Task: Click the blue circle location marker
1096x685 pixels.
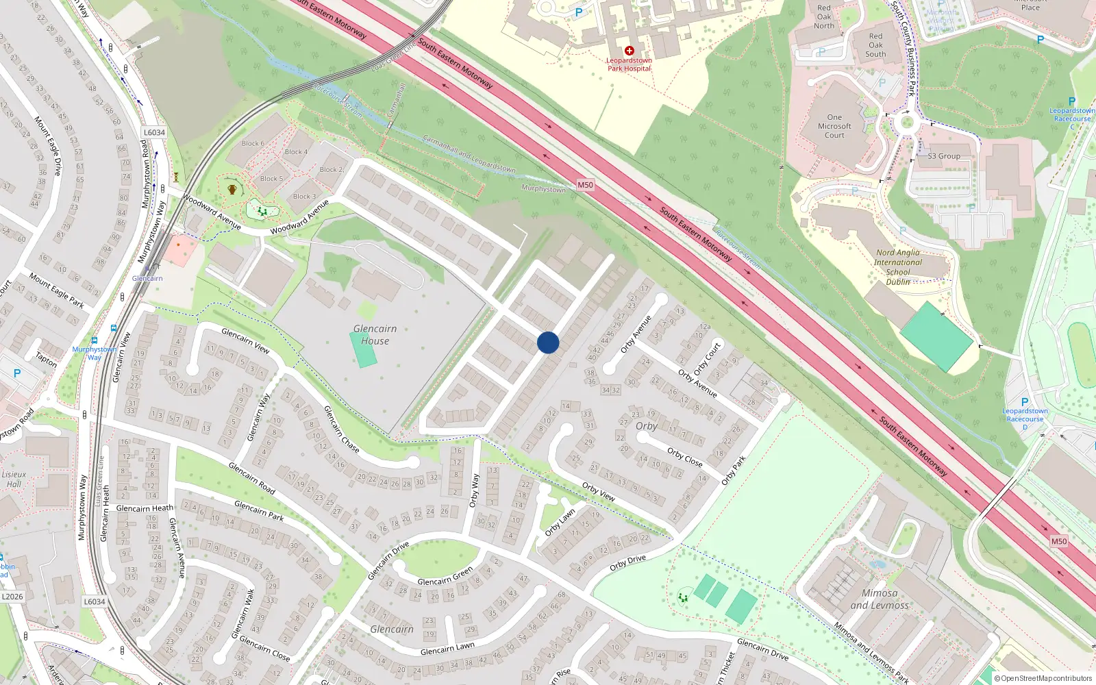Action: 548,342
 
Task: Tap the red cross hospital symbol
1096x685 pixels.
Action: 629,51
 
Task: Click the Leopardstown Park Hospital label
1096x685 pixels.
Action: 629,64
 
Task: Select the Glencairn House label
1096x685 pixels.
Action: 375,335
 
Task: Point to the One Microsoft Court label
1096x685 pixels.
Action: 834,126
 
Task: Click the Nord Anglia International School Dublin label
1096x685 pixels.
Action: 898,267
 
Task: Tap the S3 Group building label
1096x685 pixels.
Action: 944,156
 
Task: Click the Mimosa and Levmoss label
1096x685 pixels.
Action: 880,599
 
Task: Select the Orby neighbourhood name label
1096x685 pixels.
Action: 646,426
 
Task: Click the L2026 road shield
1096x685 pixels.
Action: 12,597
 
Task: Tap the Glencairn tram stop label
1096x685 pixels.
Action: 147,278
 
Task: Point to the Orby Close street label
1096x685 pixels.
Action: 685,458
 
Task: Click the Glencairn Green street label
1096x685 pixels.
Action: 445,577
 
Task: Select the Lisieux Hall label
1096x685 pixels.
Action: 14,479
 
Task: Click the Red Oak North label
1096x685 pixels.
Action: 824,17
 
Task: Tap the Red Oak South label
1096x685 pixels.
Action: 875,45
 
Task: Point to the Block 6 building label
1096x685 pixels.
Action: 253,144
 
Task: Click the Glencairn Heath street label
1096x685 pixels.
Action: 145,508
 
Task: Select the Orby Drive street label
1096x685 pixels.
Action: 627,563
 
